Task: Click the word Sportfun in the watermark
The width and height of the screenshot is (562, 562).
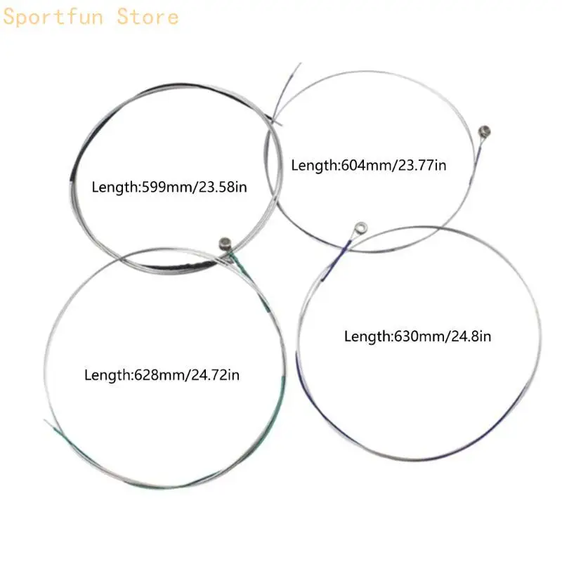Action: coord(53,17)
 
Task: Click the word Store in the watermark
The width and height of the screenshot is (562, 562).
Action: coord(148,17)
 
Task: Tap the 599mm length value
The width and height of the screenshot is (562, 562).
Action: coord(168,187)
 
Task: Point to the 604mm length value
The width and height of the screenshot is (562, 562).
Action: coord(367,165)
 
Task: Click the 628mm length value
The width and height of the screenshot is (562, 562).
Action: coord(160,375)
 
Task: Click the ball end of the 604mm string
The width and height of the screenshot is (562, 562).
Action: coord(484,131)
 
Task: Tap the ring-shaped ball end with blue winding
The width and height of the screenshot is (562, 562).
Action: coord(360,228)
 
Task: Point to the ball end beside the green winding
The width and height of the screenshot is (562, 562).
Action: coord(225,243)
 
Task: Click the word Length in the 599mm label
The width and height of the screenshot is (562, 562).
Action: coord(115,187)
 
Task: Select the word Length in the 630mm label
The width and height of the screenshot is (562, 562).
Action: coord(367,336)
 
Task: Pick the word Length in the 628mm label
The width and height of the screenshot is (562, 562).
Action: coord(107,375)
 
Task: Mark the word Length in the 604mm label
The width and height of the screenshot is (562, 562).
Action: coord(314,165)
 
